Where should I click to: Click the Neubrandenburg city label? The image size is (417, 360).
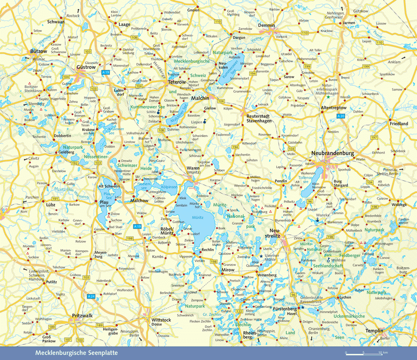(x=332, y=154)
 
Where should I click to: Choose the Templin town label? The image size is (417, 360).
(x=373, y=331)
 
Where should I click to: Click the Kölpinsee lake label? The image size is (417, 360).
(x=169, y=187)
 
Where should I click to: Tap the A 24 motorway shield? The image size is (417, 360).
(x=91, y=296)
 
